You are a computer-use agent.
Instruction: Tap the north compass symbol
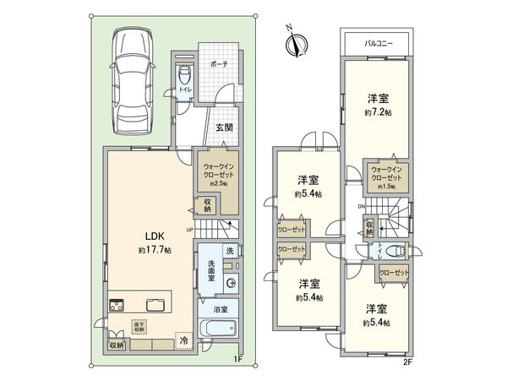click(x=292, y=42)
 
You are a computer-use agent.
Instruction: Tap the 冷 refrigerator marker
click(x=183, y=340)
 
